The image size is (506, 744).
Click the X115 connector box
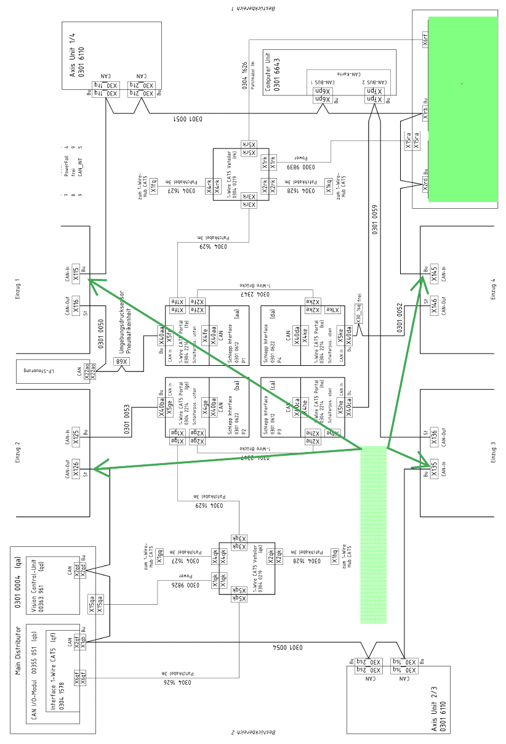coord(76,274)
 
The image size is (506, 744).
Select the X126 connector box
coord(76,472)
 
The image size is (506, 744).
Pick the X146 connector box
coord(434,302)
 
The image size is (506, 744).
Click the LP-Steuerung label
coord(42,371)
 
